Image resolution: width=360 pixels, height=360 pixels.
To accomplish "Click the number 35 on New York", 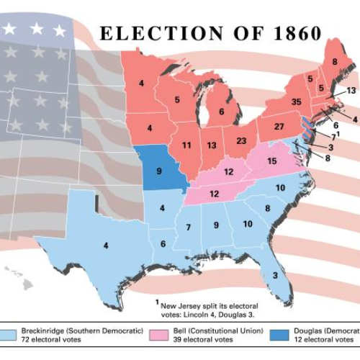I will coord(296,102).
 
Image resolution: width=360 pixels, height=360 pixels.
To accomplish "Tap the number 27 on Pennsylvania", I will coord(279,127).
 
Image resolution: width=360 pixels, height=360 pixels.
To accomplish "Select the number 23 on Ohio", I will coord(241,141).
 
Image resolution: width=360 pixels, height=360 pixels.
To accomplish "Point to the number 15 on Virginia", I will coord(271,162).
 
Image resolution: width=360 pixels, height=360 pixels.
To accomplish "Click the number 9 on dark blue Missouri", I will coord(159,172).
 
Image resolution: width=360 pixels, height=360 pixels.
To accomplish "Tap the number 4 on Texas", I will coord(106,246).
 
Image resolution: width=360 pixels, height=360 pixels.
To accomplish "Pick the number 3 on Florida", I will coord(275,275).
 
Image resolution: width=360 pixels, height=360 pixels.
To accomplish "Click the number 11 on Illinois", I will coord(186,145).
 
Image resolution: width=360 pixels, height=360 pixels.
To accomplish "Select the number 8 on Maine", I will coord(334,62).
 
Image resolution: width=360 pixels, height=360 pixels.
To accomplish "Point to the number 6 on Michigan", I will coord(221,112).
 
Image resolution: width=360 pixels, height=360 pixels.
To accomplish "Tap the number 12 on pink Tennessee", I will coord(215,194).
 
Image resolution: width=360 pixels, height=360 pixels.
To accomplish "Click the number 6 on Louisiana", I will coord(163,244).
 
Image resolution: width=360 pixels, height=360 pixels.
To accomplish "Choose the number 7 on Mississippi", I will coord(188,228).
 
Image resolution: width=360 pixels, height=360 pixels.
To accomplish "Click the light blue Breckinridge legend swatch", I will coord(9,334).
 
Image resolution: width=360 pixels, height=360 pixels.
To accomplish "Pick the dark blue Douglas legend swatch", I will coord(283,334).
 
